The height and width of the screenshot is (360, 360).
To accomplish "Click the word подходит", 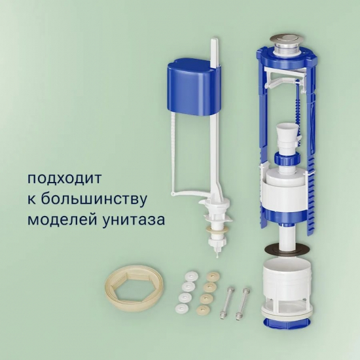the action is pos(65,179).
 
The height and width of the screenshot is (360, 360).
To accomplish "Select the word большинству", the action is pos(94,199).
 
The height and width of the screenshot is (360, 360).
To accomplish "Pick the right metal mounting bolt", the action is pos(242,304).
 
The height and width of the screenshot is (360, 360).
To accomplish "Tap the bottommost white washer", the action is pos(183,308).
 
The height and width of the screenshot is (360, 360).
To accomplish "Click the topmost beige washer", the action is pos(213,276).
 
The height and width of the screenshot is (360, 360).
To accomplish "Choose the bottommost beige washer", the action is pos(203,309).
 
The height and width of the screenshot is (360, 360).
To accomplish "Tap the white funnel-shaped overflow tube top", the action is pos(286,134).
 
